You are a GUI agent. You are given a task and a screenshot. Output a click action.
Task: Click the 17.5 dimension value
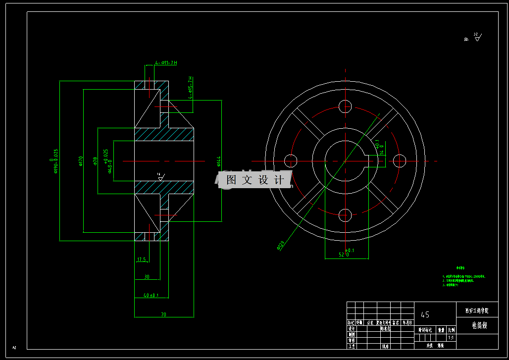click(142, 259)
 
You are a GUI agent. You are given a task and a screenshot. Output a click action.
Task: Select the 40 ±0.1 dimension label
click(151, 295)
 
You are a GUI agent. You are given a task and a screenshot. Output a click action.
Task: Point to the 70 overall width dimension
click(163, 314)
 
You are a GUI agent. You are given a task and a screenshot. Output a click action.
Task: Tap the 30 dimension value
click(147, 277)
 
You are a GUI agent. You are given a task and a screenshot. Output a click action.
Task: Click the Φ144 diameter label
click(218, 161)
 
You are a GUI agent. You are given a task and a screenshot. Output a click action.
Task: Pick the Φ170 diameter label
click(81, 161)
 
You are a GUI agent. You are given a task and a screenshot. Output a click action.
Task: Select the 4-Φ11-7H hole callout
click(166, 63)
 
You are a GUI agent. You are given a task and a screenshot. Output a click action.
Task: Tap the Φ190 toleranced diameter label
click(55, 161)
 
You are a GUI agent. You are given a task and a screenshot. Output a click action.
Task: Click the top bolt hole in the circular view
click(345, 106)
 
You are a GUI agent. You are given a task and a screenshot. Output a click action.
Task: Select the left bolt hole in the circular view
click(291, 160)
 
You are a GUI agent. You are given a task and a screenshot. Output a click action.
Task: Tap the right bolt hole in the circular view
click(399, 160)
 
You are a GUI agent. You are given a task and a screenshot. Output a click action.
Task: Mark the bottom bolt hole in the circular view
click(345, 215)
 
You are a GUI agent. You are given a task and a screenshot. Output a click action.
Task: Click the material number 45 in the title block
click(425, 314)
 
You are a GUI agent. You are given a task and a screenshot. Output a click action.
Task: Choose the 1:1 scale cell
click(451, 338)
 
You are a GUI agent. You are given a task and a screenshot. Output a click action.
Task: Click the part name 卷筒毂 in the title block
click(476, 325)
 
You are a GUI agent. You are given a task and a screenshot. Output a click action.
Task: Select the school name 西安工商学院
click(476, 311)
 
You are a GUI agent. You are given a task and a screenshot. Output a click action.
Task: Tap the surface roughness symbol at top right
click(476, 37)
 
